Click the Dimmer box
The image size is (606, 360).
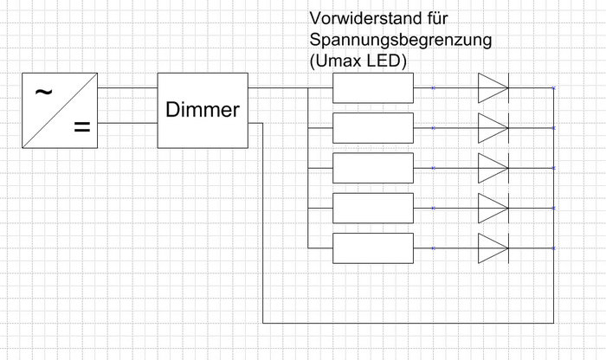tap(203, 110)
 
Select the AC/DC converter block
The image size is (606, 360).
tap(59, 110)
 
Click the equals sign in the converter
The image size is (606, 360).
tap(81, 129)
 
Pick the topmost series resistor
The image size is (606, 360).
tap(373, 88)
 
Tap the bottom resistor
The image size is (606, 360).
tap(373, 248)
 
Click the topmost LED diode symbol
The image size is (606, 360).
tap(493, 88)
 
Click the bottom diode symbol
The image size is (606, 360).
tap(493, 248)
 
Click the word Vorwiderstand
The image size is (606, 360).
tap(364, 18)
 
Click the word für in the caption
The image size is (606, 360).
tap(438, 18)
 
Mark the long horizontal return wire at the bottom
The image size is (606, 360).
tap(407, 324)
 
